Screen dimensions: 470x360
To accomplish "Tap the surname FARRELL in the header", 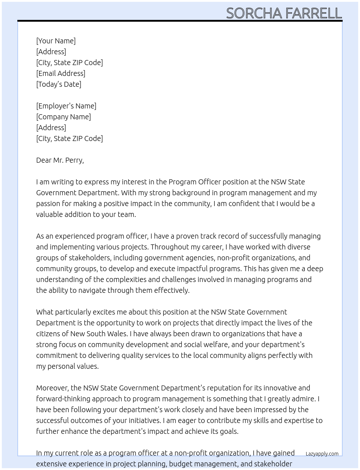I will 313,13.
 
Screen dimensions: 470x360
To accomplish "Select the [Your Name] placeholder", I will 56,41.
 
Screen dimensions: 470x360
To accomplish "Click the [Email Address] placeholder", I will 61,73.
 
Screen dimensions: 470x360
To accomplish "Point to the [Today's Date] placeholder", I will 59,84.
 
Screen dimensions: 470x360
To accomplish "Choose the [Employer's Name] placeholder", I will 66,106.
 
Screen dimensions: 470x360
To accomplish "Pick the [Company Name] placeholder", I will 63,117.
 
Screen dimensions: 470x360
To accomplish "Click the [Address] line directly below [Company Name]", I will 51,128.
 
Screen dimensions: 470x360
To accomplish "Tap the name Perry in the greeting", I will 74,160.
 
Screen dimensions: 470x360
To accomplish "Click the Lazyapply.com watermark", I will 322,454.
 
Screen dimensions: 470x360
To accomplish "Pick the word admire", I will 305,399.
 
